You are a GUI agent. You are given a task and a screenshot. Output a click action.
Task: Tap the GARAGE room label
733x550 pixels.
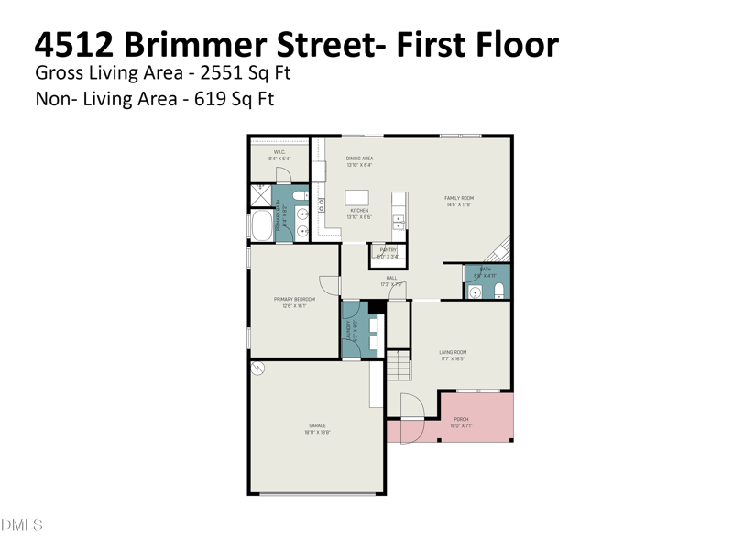tap(317, 425)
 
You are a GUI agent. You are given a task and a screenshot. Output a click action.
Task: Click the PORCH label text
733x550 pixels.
tap(461, 420)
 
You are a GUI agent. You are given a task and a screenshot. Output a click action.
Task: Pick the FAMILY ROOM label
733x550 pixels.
tap(459, 198)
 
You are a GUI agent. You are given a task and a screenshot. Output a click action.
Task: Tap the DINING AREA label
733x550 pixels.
tap(359, 159)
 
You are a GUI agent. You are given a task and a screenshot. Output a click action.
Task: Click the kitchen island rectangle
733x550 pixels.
tap(357, 197)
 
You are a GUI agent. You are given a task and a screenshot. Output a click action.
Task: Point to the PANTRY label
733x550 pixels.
tap(388, 249)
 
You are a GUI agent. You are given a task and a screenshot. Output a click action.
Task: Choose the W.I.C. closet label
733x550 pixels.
tap(279, 152)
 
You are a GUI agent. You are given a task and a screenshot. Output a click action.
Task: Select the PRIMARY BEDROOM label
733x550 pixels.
tap(294, 300)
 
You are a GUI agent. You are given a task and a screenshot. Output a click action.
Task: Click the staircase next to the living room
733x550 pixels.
tap(397, 367)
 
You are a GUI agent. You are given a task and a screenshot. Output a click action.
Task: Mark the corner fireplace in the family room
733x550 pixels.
tap(499, 247)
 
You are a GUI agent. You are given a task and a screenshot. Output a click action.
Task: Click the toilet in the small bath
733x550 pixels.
tap(498, 291)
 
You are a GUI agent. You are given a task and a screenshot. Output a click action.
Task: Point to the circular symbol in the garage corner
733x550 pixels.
tap(259, 368)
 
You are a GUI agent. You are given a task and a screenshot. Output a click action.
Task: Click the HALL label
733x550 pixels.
tap(391, 278)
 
